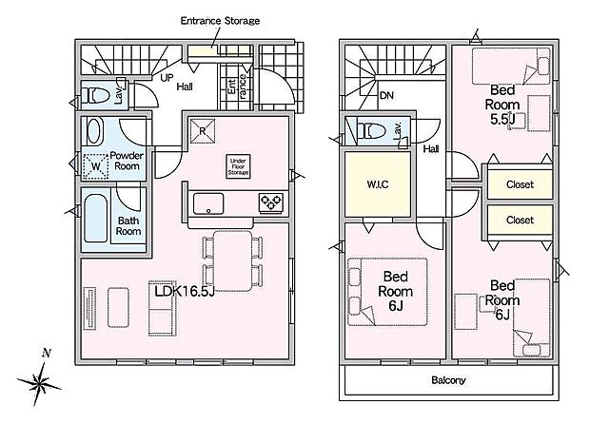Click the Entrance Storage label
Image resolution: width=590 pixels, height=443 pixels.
220,21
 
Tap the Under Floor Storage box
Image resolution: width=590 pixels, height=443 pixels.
238,166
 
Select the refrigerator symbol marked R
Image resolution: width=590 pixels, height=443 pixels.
203,131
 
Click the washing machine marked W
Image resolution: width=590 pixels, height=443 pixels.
95,166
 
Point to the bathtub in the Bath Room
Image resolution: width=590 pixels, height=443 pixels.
95,219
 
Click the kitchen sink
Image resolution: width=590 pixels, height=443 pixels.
208,204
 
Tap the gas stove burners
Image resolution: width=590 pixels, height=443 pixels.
271,202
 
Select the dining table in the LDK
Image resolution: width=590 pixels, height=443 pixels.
232,260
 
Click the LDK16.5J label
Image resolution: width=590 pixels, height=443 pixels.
185,291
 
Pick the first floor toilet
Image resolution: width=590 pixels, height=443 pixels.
97,95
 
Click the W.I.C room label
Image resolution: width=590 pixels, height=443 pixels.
378,184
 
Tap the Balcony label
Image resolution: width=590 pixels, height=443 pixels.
448,380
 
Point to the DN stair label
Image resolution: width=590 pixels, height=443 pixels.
386,95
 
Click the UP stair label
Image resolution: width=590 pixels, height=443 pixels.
167,78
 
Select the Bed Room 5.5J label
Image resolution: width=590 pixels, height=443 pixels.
502,105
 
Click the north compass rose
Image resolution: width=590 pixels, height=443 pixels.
40,383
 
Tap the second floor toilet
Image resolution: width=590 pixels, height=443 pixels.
372,131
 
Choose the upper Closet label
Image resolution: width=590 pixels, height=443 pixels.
520,184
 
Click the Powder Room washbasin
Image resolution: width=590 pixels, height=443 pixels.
93,131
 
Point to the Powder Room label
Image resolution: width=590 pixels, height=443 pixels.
127,161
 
